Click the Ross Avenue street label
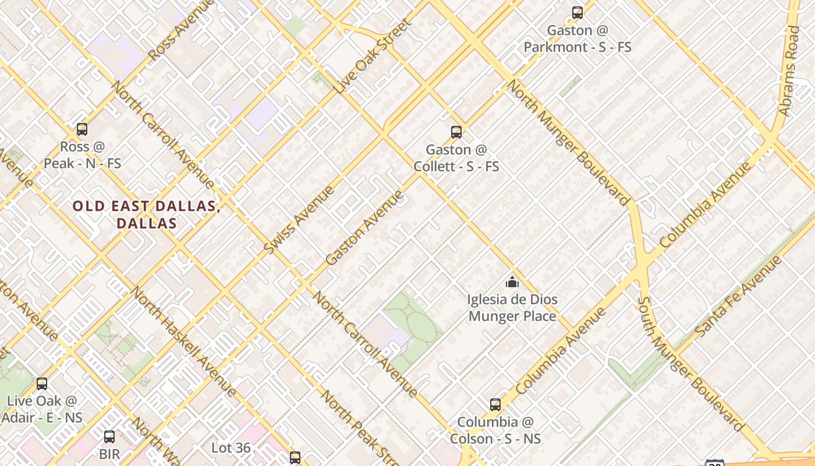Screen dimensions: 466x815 179,30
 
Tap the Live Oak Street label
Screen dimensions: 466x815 373,57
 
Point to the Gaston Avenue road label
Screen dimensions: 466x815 364,228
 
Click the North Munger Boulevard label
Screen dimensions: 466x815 568,142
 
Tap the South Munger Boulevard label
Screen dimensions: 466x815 690,364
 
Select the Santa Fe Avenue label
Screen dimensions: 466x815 739,296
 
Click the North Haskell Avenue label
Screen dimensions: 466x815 183,341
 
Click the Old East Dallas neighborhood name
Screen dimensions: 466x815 146,214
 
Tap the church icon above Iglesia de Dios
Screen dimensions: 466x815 512,283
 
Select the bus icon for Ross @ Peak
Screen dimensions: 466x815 82,129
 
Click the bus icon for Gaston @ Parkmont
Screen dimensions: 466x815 577,12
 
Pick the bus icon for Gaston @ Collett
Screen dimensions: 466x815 456,132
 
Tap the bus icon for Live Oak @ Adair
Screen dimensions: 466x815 42,384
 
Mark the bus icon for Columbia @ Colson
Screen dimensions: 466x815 495,404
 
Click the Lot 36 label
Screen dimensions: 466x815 231,448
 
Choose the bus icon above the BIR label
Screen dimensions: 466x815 109,437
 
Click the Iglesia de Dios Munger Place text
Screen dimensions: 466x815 512,308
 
